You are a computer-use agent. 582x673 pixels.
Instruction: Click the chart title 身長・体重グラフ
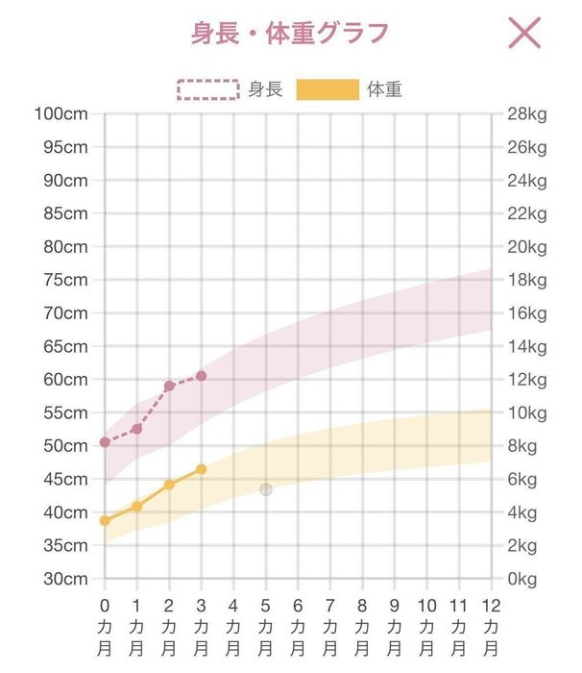pos(289,33)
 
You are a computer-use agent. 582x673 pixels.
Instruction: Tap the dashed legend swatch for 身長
pos(207,90)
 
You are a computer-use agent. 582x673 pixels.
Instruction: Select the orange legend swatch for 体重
pos(327,90)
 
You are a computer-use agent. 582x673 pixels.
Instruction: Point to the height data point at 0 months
pos(105,442)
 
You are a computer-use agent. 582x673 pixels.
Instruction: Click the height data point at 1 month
pos(137,428)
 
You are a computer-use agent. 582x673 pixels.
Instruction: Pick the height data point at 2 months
pos(169,386)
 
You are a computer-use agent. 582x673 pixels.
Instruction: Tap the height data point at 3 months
pos(202,376)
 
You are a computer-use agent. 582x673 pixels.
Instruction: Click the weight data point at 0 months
pos(105,521)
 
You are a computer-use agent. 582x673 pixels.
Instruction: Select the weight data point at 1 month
pos(137,506)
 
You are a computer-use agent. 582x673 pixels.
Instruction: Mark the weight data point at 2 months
pos(169,485)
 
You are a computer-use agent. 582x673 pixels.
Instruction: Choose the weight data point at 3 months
pos(202,469)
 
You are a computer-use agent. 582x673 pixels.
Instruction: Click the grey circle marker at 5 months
pos(266,489)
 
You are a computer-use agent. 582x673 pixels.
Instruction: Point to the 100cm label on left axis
pos(61,114)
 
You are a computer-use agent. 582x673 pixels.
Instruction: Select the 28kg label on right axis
pos(526,114)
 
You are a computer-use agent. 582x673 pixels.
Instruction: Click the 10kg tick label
pos(526,412)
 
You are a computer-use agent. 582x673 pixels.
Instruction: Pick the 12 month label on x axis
pos(492,627)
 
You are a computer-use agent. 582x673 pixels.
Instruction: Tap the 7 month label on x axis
pos(330,627)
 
